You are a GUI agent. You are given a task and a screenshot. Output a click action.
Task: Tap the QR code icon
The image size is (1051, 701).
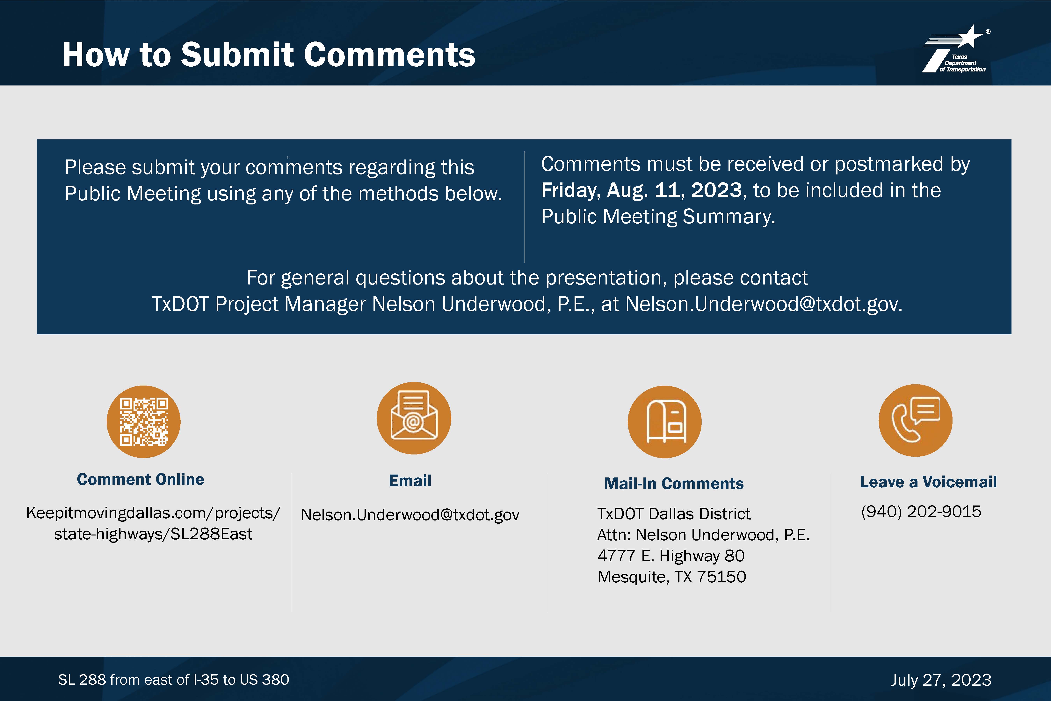[143, 422]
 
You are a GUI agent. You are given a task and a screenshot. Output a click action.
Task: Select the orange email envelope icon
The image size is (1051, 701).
[414, 418]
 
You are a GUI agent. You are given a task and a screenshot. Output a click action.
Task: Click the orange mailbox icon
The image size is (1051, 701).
[664, 422]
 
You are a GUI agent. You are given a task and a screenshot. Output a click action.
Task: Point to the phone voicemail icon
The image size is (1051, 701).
[916, 420]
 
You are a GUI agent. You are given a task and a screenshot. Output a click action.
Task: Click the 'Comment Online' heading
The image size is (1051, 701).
[140, 479]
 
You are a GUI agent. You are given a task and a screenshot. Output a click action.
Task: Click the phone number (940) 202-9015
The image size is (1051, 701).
[921, 512]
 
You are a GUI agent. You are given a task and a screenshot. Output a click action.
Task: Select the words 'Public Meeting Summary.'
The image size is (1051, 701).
[658, 216]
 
